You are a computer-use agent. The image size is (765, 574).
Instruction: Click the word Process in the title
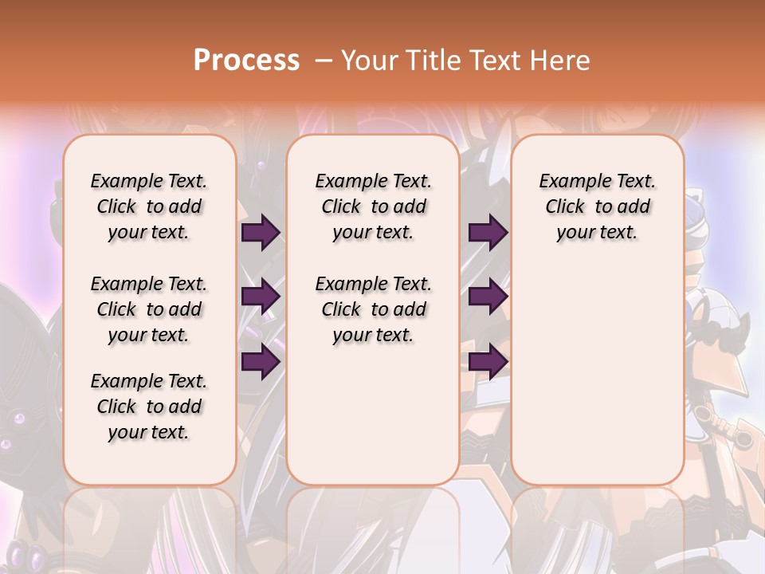tap(246, 61)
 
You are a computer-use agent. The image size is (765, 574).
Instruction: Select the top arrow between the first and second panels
tap(261, 232)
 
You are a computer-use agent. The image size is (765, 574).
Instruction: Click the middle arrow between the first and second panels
tap(261, 297)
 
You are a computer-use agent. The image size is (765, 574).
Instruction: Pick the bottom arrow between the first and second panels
tap(261, 362)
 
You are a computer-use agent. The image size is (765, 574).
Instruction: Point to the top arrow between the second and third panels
tap(488, 232)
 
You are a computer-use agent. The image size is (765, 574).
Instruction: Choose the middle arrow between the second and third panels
tap(488, 297)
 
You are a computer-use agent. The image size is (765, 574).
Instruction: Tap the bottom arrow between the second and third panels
tap(488, 362)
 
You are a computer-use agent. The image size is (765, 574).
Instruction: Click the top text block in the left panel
tap(149, 206)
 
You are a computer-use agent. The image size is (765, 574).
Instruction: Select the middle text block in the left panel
tap(149, 309)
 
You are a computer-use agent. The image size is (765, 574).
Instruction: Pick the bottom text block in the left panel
tap(149, 407)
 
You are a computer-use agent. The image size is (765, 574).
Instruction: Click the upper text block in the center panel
tap(374, 206)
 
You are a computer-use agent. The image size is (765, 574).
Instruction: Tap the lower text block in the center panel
tap(374, 309)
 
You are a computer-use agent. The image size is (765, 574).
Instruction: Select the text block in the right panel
tap(598, 206)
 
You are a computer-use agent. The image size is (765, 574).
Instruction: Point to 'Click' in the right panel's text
tap(565, 207)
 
